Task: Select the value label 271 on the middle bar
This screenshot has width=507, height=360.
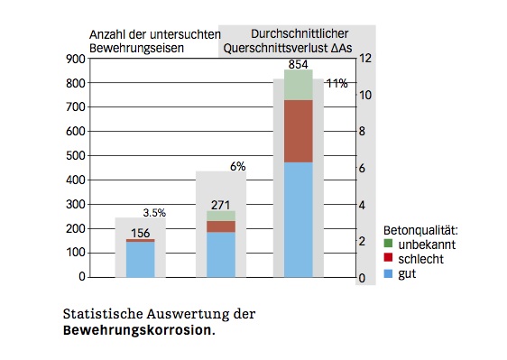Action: pyautogui.click(x=222, y=204)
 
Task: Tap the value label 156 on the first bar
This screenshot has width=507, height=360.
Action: pyautogui.click(x=141, y=233)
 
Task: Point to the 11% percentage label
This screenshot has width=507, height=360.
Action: pyautogui.click(x=337, y=83)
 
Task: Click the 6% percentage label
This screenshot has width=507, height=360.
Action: pyautogui.click(x=238, y=166)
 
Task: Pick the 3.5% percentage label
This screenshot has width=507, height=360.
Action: pyautogui.click(x=154, y=213)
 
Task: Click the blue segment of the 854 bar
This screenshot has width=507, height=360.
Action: pyautogui.click(x=299, y=219)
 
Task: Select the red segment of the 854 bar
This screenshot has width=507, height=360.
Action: pyautogui.click(x=299, y=131)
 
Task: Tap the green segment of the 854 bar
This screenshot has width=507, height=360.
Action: pyautogui.click(x=299, y=85)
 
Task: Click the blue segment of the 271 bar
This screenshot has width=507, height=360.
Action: pyautogui.click(x=221, y=254)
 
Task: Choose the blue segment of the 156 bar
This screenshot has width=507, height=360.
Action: pyautogui.click(x=141, y=259)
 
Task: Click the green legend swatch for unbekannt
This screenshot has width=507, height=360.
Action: pyautogui.click(x=389, y=244)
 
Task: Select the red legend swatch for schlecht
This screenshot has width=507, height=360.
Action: pyautogui.click(x=389, y=258)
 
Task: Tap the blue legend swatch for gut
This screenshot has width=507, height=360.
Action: pyautogui.click(x=389, y=272)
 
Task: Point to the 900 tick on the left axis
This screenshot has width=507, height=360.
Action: pyautogui.click(x=76, y=59)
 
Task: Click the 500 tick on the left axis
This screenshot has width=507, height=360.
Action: pyautogui.click(x=76, y=155)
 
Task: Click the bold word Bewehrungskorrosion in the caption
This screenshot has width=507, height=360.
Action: pyautogui.click(x=138, y=330)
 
